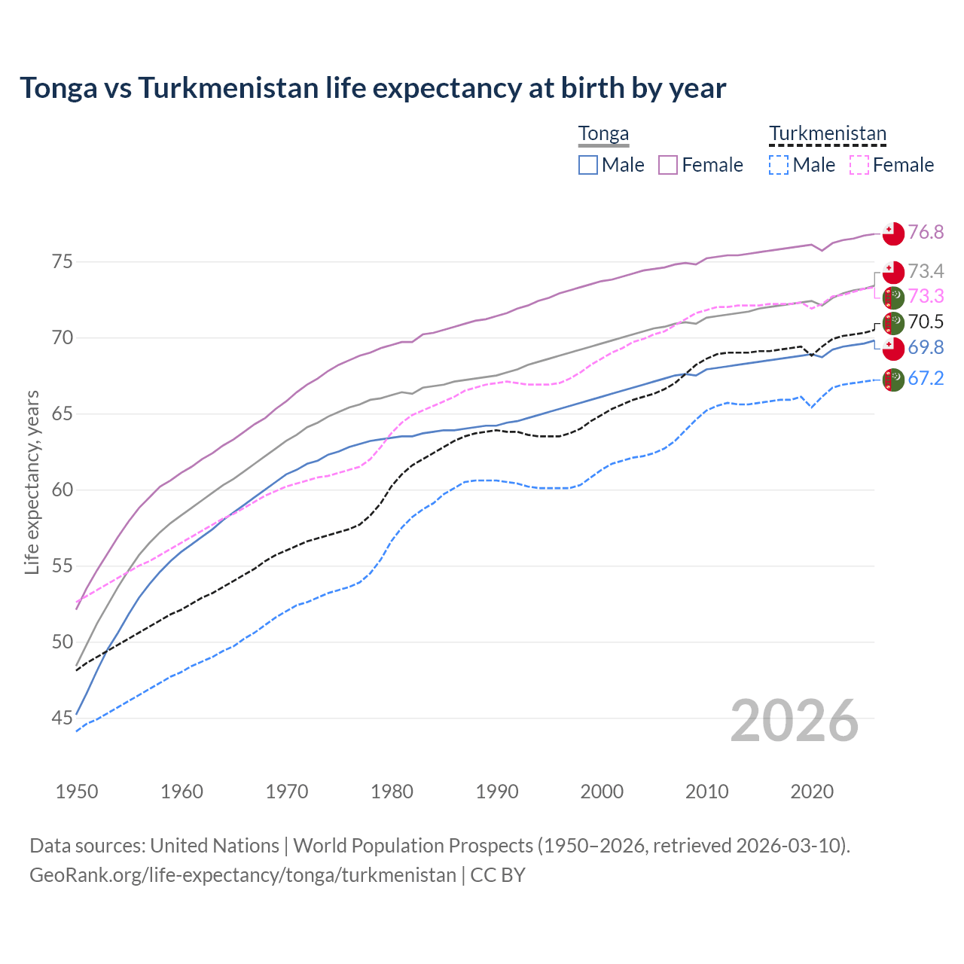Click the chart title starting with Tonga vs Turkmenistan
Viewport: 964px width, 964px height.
(x=373, y=88)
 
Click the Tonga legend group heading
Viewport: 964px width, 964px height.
(x=603, y=134)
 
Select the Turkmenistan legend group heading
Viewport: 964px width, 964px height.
(x=827, y=134)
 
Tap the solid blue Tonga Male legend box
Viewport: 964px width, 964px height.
(x=588, y=165)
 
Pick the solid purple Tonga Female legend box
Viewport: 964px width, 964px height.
(x=668, y=165)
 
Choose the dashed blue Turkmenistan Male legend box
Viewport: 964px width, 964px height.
(x=779, y=165)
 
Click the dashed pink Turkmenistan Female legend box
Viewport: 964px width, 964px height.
(x=859, y=165)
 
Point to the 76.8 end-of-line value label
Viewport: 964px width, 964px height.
(x=926, y=232)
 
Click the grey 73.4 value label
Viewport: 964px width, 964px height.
(x=926, y=271)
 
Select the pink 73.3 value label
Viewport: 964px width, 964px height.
(x=926, y=296)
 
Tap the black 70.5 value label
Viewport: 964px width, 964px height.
(x=926, y=322)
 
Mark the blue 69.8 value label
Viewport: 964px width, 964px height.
(x=926, y=347)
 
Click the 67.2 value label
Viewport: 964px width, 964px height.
(x=926, y=378)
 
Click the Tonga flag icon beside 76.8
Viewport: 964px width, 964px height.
(x=893, y=233)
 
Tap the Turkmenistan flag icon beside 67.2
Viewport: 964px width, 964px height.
(x=893, y=380)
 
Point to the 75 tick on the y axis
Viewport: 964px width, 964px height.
(x=62, y=262)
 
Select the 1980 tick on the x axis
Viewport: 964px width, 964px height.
(x=392, y=792)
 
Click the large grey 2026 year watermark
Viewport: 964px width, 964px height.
(x=794, y=721)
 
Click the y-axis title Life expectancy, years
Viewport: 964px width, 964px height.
(x=32, y=482)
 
